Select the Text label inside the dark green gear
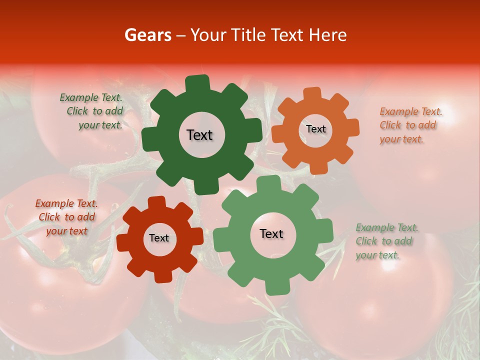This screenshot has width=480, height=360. pyautogui.click(x=199, y=135)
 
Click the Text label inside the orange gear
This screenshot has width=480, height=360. pyautogui.click(x=315, y=129)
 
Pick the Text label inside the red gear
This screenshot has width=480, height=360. pyautogui.click(x=159, y=238)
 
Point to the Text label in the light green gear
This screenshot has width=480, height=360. pyautogui.click(x=271, y=233)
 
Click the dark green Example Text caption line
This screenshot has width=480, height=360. pyautogui.click(x=91, y=97)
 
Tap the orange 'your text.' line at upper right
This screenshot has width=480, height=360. pyautogui.click(x=401, y=139)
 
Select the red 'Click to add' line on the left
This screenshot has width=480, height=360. pyautogui.click(x=66, y=217)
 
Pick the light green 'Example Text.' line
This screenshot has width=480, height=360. pyautogui.click(x=387, y=228)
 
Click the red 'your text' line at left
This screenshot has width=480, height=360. pyautogui.click(x=66, y=231)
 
